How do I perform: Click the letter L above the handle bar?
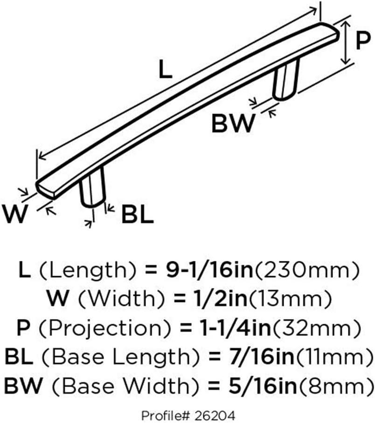click(x=165, y=69)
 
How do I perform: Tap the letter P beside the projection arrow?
click(x=362, y=40)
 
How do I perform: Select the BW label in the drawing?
click(x=233, y=123)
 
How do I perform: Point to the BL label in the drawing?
click(x=138, y=214)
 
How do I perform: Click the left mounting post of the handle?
click(x=92, y=188)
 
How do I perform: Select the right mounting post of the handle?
click(x=285, y=80)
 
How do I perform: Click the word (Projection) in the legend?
click(x=105, y=328)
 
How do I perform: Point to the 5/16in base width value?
click(x=262, y=386)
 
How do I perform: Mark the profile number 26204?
click(x=219, y=416)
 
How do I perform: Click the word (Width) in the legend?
click(x=121, y=299)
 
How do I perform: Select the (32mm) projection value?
click(x=317, y=328)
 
